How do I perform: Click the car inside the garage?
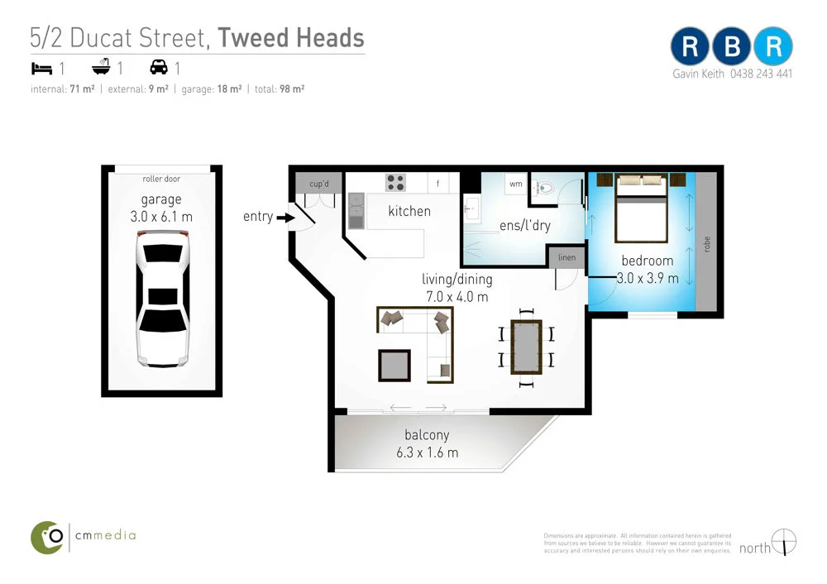pyautogui.click(x=162, y=297)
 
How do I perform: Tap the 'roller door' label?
pyautogui.click(x=161, y=179)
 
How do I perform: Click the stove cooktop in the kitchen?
pyautogui.click(x=395, y=183)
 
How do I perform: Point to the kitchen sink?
pyautogui.click(x=356, y=212)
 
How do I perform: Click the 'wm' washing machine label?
pyautogui.click(x=515, y=184)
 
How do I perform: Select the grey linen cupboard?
pyautogui.click(x=567, y=257)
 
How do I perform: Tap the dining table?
pyautogui.click(x=527, y=346)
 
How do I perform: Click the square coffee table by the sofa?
pyautogui.click(x=394, y=365)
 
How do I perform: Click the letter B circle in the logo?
pyautogui.click(x=732, y=47)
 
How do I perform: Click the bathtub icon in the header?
pyautogui.click(x=103, y=67)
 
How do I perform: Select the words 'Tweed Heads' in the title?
pyautogui.click(x=291, y=38)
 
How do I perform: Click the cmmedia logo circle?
pyautogui.click(x=47, y=537)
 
